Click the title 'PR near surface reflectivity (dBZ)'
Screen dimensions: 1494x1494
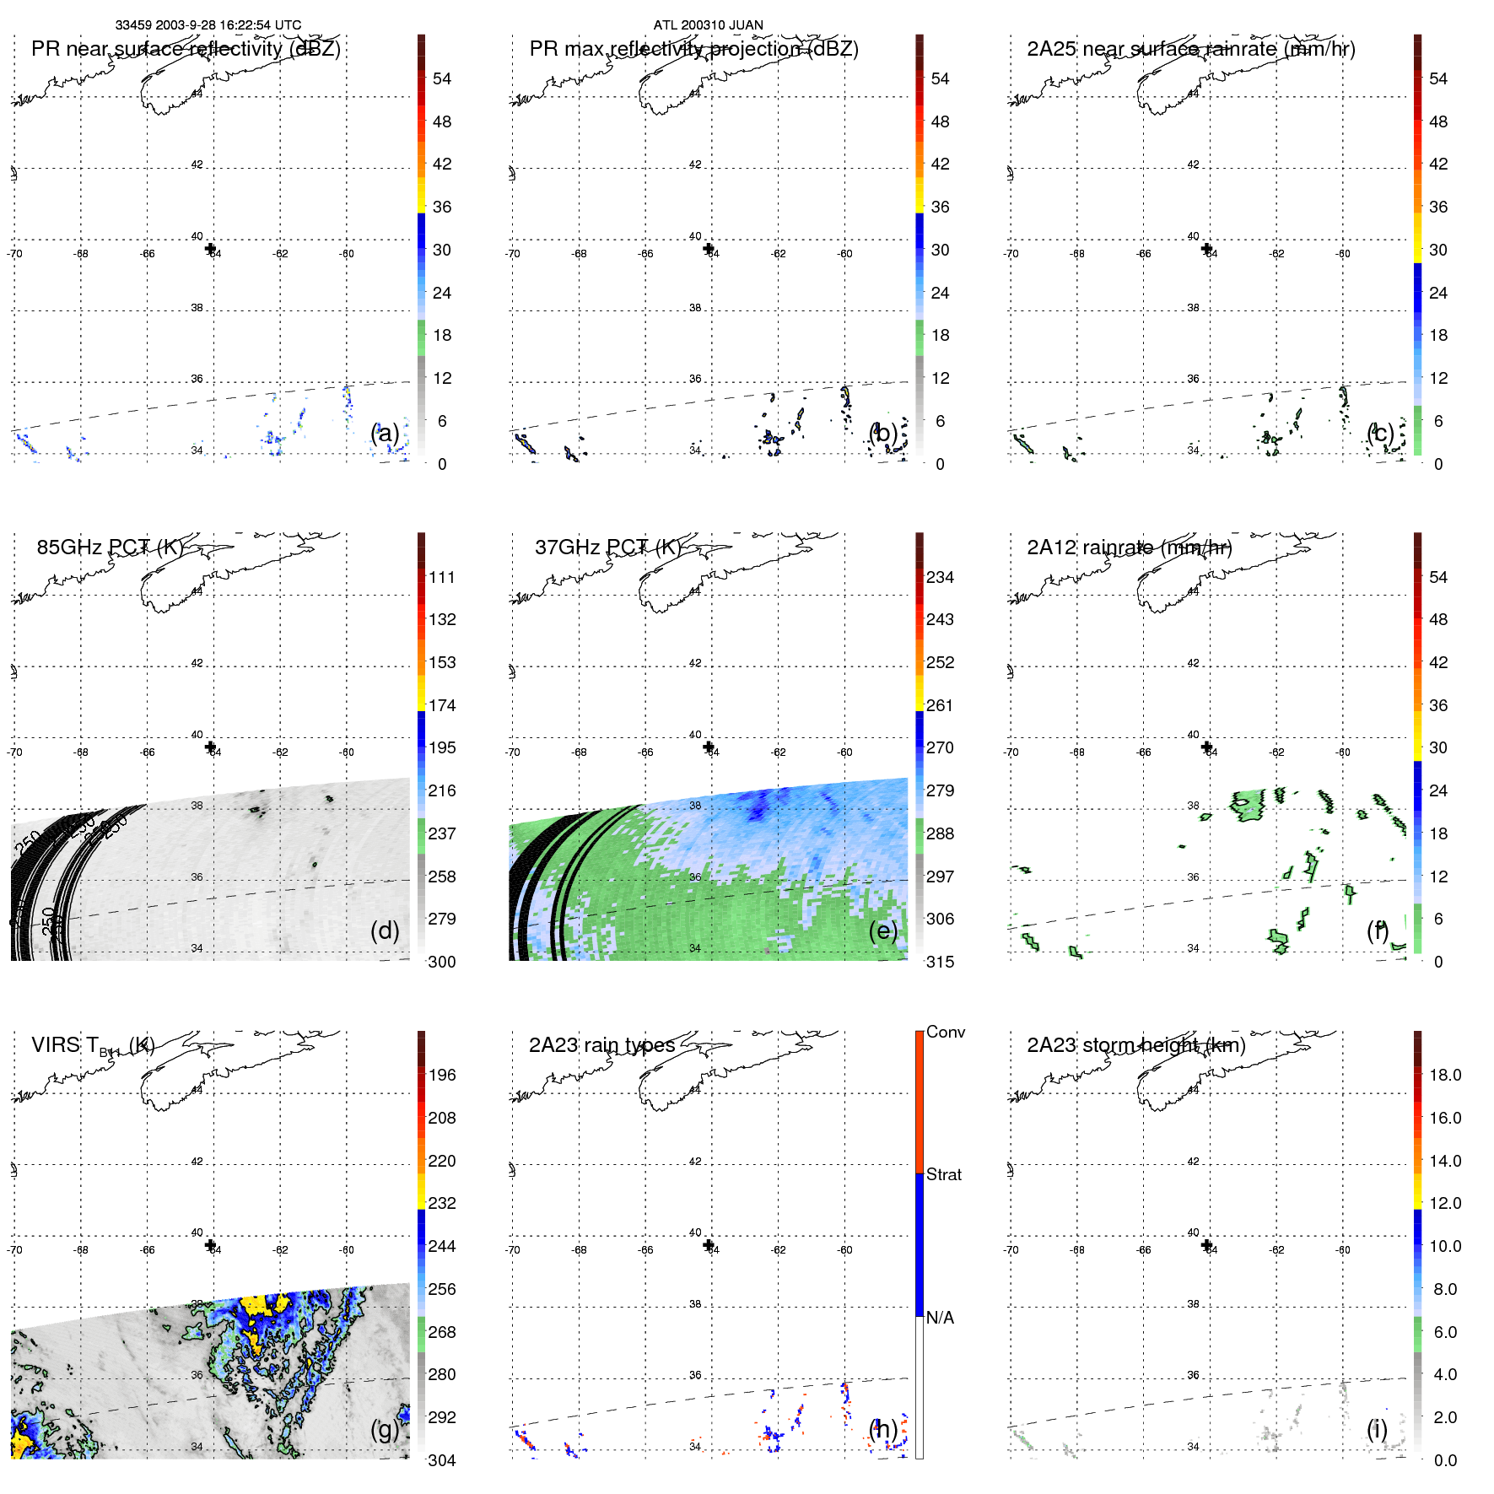186,49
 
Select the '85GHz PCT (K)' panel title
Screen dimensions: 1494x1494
110,547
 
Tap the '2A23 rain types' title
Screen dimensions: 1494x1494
601,1045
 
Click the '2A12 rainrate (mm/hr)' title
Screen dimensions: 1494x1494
1129,547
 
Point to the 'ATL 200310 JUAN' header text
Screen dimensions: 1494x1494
708,25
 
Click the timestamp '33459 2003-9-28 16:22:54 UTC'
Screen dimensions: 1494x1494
208,25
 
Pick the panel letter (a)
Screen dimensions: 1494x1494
385,434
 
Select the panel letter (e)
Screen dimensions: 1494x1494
883,930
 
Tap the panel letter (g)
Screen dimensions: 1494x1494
385,1429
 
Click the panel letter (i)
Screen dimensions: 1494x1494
1377,1429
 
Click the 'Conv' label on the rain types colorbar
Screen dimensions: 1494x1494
946,1032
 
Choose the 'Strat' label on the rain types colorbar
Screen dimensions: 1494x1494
944,1174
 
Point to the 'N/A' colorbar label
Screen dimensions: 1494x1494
940,1318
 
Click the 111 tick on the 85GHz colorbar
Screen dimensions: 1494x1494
442,577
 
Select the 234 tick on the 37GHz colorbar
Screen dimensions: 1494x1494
940,577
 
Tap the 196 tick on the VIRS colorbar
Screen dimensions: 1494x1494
442,1075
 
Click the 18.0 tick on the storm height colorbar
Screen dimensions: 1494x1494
1445,1075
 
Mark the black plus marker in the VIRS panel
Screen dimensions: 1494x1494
210,1245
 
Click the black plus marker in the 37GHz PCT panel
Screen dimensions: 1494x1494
709,747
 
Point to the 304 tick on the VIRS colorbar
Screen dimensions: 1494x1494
442,1460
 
